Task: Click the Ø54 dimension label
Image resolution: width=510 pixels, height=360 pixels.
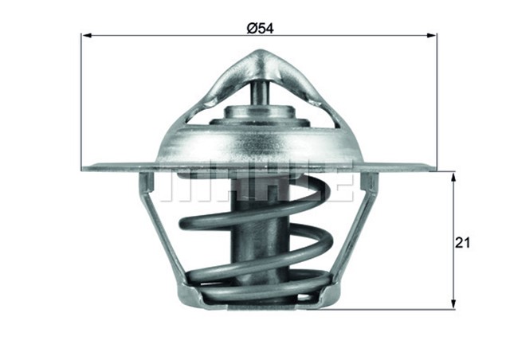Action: [x=261, y=28]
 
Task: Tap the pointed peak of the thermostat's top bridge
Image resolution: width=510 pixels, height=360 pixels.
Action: [x=261, y=54]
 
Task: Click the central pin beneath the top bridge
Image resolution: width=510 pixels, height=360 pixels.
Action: [x=260, y=94]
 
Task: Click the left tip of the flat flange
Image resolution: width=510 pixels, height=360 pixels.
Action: [x=86, y=166]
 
